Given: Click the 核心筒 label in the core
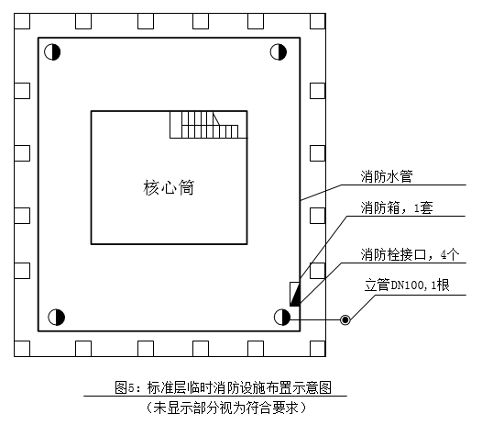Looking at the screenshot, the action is pyautogui.click(x=169, y=187).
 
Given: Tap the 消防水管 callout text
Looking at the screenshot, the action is pyautogui.click(x=387, y=176).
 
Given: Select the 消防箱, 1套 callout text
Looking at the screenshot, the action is pyautogui.click(x=397, y=208).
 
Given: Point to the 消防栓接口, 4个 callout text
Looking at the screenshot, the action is pyautogui.click(x=410, y=254).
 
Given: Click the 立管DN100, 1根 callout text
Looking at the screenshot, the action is pyautogui.click(x=407, y=285).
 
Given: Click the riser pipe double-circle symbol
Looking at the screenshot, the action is pyautogui.click(x=345, y=319).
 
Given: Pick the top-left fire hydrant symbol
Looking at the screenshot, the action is pyautogui.click(x=52, y=52).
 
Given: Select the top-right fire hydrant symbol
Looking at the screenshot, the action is pyautogui.click(x=279, y=52).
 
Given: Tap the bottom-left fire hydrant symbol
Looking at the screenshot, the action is pyautogui.click(x=56, y=318).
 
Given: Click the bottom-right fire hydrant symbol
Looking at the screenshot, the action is pyautogui.click(x=282, y=318).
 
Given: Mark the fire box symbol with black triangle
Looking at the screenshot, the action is pyautogui.click(x=295, y=294).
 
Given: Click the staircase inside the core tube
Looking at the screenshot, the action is pyautogui.click(x=208, y=125).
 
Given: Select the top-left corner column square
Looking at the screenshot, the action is pyautogui.click(x=22, y=21).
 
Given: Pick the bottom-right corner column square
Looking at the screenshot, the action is pyautogui.click(x=318, y=349).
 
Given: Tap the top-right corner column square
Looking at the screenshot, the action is pyautogui.click(x=318, y=21).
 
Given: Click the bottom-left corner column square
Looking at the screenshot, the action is pyautogui.click(x=22, y=349).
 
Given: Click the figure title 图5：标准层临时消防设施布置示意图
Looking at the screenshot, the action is pyautogui.click(x=223, y=387).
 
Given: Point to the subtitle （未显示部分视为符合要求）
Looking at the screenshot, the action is pyautogui.click(x=226, y=408).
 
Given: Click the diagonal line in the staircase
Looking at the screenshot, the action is pyautogui.click(x=216, y=118).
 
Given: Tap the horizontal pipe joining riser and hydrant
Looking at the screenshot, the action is pyautogui.click(x=315, y=319).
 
